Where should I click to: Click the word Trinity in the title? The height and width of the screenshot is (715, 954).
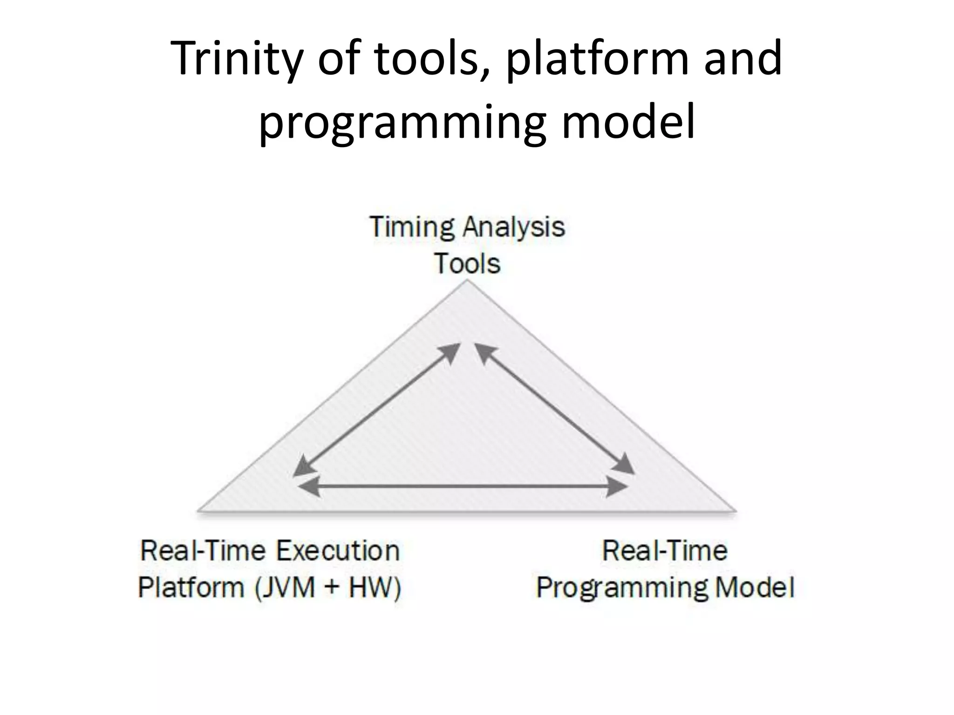pos(237,60)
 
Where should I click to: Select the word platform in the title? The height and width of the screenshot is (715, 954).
pos(598,60)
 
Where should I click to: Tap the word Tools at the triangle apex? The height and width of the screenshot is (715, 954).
pos(467,263)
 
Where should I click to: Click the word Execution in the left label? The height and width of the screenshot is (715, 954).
pos(338,551)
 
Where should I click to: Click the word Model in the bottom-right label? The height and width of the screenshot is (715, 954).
pos(754,587)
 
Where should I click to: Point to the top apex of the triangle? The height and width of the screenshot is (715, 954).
pos(466,282)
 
